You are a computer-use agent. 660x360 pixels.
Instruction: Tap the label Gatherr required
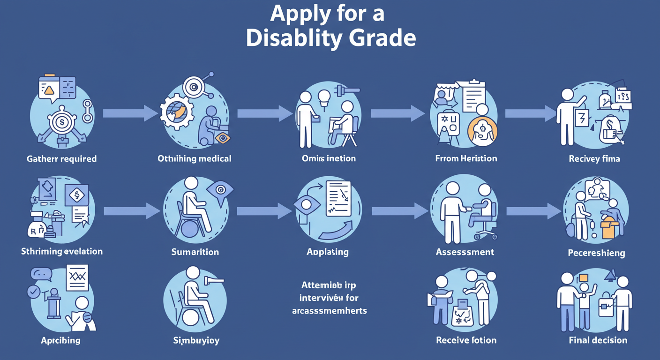(x=62, y=159)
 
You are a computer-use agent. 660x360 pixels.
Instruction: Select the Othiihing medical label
(x=195, y=159)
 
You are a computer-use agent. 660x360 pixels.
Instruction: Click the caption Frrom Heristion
(x=466, y=159)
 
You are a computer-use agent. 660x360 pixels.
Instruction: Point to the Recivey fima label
(x=594, y=159)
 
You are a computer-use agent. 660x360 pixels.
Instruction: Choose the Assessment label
(x=465, y=252)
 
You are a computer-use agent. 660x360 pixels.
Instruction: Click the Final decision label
(x=598, y=340)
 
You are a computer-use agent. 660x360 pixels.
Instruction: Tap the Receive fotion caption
(x=466, y=340)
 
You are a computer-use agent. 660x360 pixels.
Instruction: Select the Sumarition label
(x=195, y=252)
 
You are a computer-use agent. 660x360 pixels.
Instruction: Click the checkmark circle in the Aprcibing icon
(x=34, y=292)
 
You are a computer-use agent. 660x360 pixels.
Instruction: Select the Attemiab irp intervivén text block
(x=329, y=297)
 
